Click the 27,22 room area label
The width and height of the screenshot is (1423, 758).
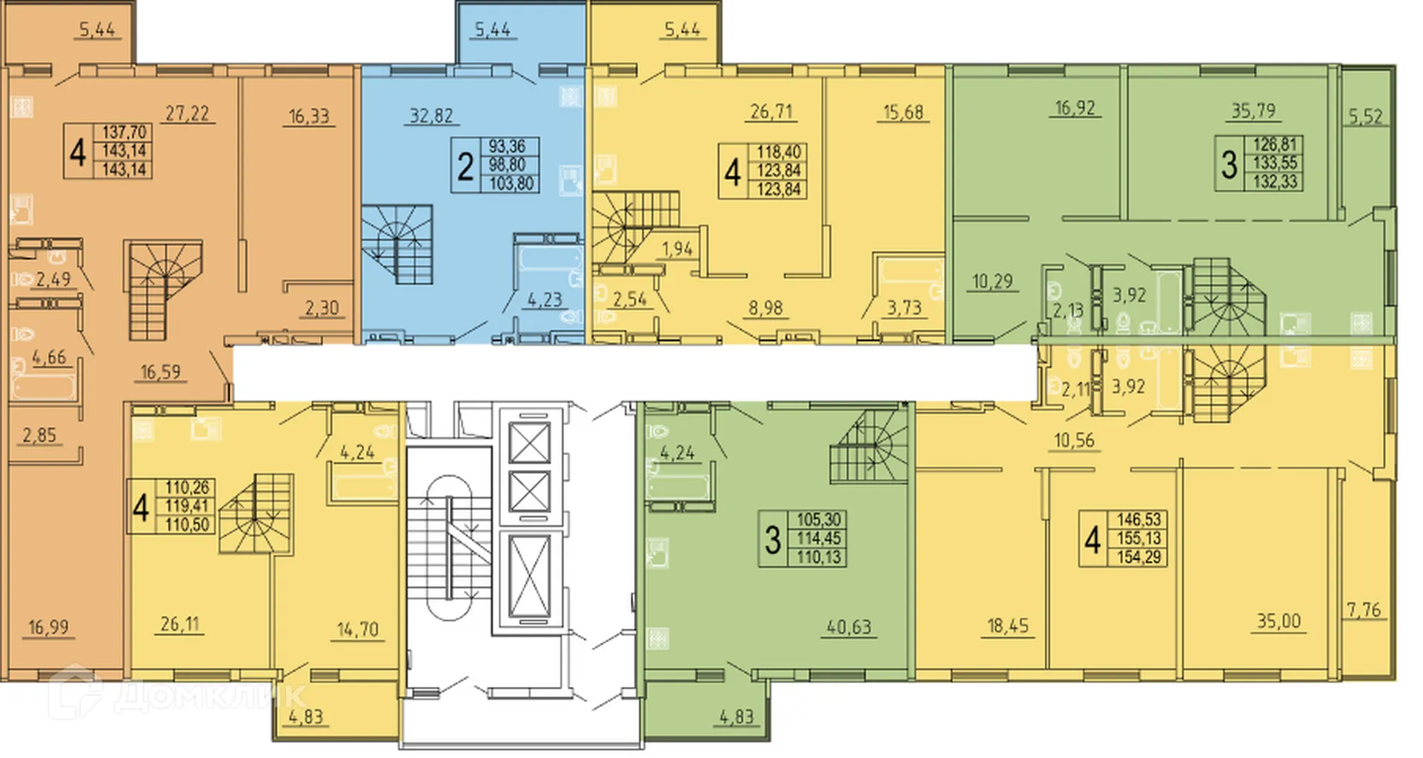point(187,113)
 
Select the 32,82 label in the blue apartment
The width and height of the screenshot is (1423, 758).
point(431,116)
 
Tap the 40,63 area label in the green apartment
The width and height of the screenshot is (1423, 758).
point(849,627)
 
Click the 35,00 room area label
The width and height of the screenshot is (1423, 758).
point(1278,621)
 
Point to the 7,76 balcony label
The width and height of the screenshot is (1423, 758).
point(1364,610)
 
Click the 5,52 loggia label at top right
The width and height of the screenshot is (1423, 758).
point(1365,116)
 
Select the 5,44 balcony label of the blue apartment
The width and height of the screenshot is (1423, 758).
point(492,30)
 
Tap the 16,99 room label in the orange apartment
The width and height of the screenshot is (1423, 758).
point(48,628)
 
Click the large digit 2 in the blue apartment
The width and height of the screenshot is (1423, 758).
point(465,166)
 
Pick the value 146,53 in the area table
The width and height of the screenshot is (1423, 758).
point(1139,520)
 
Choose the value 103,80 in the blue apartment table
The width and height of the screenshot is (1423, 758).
point(511,183)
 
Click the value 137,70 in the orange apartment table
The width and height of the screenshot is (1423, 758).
point(124,132)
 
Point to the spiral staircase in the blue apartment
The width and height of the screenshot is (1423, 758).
point(398,245)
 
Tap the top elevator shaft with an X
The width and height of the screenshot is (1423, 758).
point(530,442)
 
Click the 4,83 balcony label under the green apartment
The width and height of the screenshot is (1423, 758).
point(736,717)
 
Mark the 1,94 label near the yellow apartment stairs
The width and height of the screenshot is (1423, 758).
point(677,249)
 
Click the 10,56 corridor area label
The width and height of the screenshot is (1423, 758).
point(1074,440)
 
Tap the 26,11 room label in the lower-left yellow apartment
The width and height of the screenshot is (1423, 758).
point(180,624)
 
